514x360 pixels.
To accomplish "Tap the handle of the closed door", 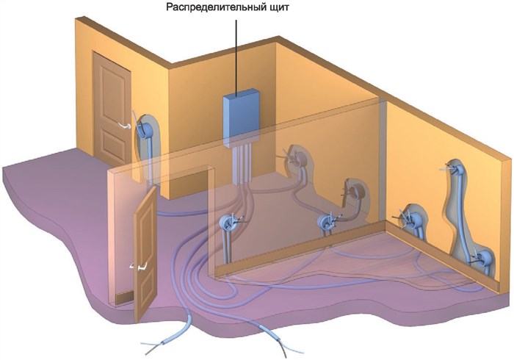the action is click(125, 125).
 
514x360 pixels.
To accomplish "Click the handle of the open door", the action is click(140, 266).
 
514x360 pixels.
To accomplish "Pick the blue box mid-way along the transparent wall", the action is click(327, 222).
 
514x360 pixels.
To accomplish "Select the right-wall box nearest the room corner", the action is click(410, 218).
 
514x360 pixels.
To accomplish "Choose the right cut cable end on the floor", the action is click(275, 339).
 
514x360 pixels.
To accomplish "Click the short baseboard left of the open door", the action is click(125, 298).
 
